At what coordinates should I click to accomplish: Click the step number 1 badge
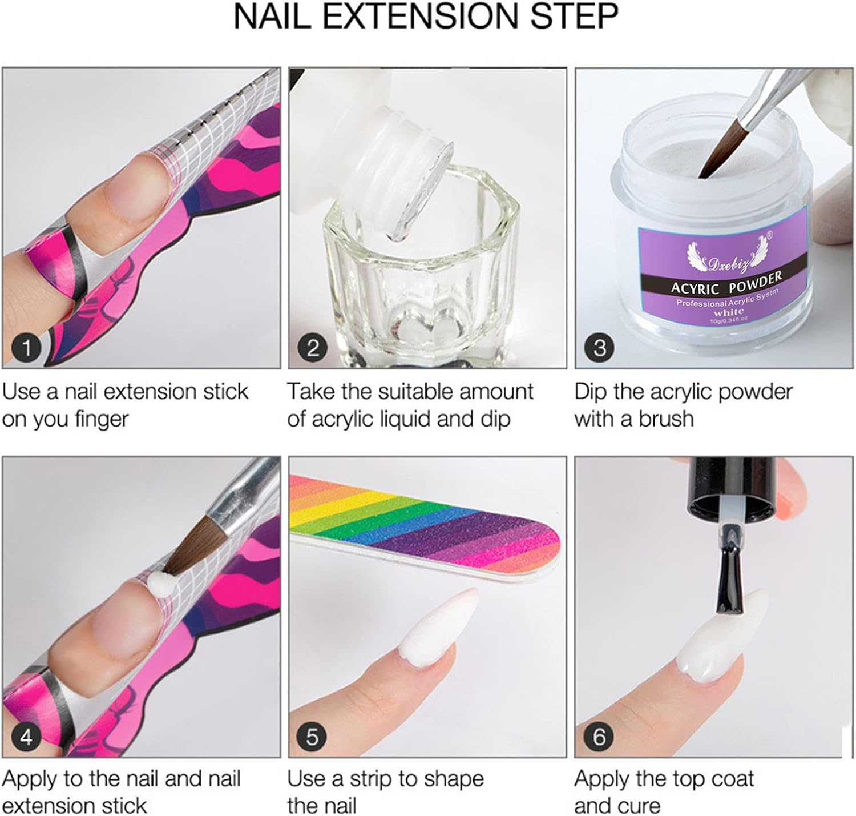[26, 348]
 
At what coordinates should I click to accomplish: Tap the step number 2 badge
[312, 348]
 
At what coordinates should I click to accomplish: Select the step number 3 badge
[599, 348]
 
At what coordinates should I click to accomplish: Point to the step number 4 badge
[26, 737]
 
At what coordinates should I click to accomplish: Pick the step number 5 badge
[312, 737]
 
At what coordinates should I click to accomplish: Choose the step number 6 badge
[599, 737]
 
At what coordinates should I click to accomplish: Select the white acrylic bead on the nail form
[159, 585]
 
